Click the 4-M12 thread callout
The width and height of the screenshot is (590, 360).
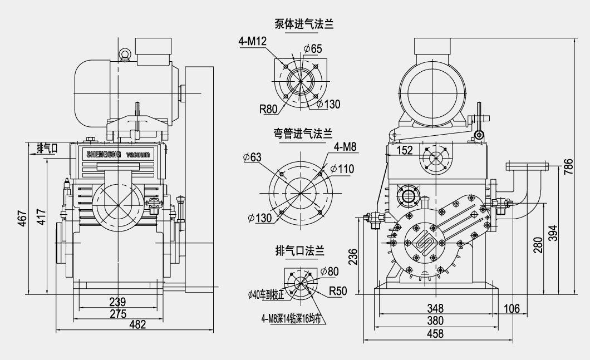(252, 42)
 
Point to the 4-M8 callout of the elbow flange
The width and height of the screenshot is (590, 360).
(345, 147)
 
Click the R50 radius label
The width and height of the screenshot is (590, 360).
(338, 290)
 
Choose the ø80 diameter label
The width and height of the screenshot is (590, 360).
(330, 272)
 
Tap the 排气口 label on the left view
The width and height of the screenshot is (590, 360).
(47, 148)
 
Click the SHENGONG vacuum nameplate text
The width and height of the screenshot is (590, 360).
(118, 154)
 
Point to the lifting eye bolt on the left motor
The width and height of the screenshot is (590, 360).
(125, 53)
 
